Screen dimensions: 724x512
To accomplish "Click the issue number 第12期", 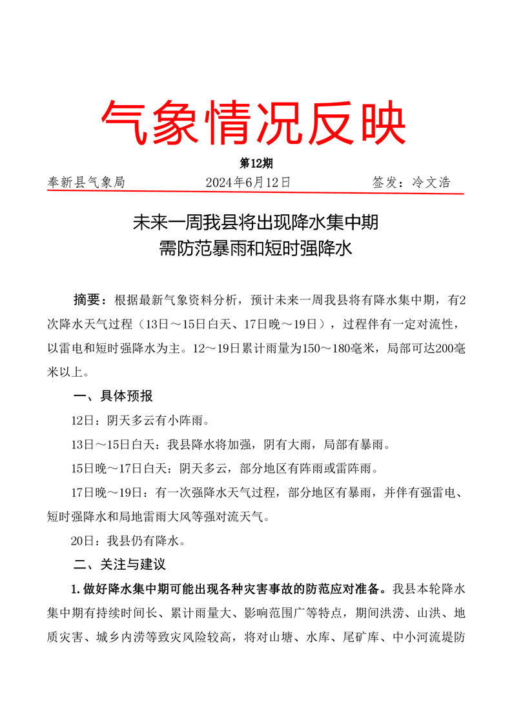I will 255,164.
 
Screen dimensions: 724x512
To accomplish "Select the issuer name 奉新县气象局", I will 87,183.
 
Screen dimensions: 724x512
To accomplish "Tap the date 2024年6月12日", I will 248,183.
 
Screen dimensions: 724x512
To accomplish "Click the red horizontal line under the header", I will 256,192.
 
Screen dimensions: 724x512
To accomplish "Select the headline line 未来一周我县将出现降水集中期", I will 255,224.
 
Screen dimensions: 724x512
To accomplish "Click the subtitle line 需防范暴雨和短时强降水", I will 255,250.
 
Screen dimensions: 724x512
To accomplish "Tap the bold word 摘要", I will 87,300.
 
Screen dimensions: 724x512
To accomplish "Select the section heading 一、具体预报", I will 113,396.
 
